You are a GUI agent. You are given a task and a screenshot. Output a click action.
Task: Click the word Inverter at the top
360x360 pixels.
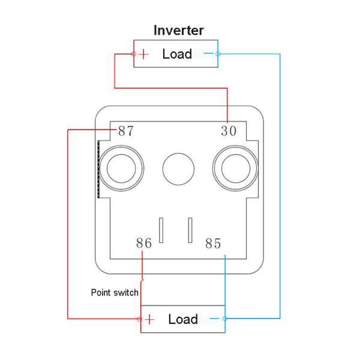point(179,31)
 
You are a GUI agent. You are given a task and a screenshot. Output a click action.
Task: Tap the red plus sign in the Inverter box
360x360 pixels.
point(144,54)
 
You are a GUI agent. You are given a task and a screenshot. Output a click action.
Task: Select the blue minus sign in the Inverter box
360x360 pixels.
point(208,53)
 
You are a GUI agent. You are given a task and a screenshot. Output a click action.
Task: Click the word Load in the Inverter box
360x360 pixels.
point(177,54)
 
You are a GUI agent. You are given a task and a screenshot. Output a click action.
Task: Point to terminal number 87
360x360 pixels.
point(125,131)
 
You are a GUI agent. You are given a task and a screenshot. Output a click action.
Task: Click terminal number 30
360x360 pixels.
point(229,131)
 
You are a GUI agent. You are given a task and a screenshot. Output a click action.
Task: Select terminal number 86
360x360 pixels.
point(144,243)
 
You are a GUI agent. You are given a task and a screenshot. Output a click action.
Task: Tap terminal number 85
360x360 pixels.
point(213,244)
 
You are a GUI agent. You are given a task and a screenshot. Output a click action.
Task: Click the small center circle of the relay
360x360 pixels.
point(178,169)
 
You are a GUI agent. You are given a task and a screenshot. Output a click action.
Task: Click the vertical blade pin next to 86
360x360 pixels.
point(161,230)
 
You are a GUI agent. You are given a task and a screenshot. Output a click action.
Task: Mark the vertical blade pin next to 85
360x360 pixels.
point(190,230)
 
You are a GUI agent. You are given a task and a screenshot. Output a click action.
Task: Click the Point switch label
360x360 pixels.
point(115,293)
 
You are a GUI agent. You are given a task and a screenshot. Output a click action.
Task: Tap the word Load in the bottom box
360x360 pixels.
point(183,319)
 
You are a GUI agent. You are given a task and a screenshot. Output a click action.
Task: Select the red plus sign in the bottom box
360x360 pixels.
point(149,319)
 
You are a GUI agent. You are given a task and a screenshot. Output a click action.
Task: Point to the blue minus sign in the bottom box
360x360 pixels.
point(214,319)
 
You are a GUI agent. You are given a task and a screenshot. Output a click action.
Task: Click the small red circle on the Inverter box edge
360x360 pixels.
point(134,54)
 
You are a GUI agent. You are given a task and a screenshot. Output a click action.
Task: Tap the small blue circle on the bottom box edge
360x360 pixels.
point(225,319)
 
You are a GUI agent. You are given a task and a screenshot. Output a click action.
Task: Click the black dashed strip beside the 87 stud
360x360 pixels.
point(99,169)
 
